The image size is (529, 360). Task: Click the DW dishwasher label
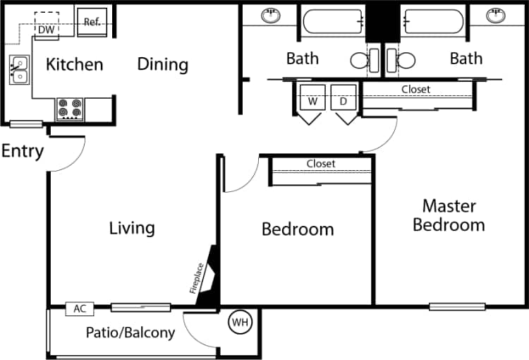pos(46,29)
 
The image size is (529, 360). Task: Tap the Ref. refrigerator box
pos(92,22)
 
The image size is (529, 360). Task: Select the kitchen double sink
pos(19,70)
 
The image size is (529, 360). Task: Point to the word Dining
pos(162,65)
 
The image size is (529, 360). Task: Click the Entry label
pos(22,151)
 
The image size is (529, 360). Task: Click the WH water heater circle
pos(241,323)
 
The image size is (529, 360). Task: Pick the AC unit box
pos(80,308)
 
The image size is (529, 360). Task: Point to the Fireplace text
pos(198,277)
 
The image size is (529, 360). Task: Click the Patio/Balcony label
pos(130,332)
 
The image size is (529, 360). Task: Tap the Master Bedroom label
pos(449,215)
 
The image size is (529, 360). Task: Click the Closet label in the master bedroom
pos(415,90)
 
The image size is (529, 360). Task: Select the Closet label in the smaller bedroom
pos(320,164)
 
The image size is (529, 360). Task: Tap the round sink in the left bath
pos(271,15)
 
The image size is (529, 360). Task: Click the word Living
pos(132,228)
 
